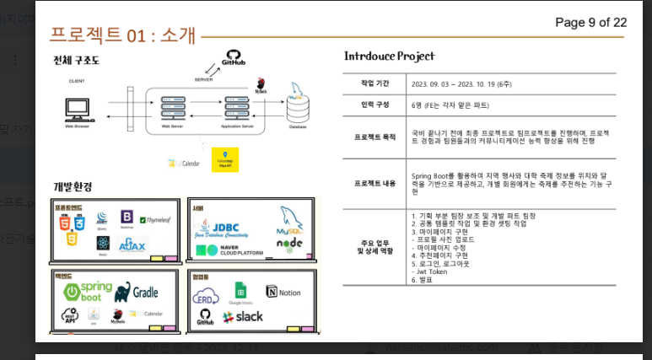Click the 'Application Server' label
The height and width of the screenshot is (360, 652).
[239, 128]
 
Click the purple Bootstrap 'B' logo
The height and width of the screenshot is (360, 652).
[127, 218]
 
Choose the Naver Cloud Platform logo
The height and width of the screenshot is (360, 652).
[232, 250]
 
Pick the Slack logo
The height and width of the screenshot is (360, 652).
[244, 317]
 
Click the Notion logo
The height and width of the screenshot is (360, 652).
[283, 292]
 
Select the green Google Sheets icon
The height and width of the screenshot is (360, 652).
[240, 292]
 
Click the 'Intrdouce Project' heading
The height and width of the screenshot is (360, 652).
[389, 56]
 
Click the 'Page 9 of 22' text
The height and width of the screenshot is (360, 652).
[590, 22]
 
